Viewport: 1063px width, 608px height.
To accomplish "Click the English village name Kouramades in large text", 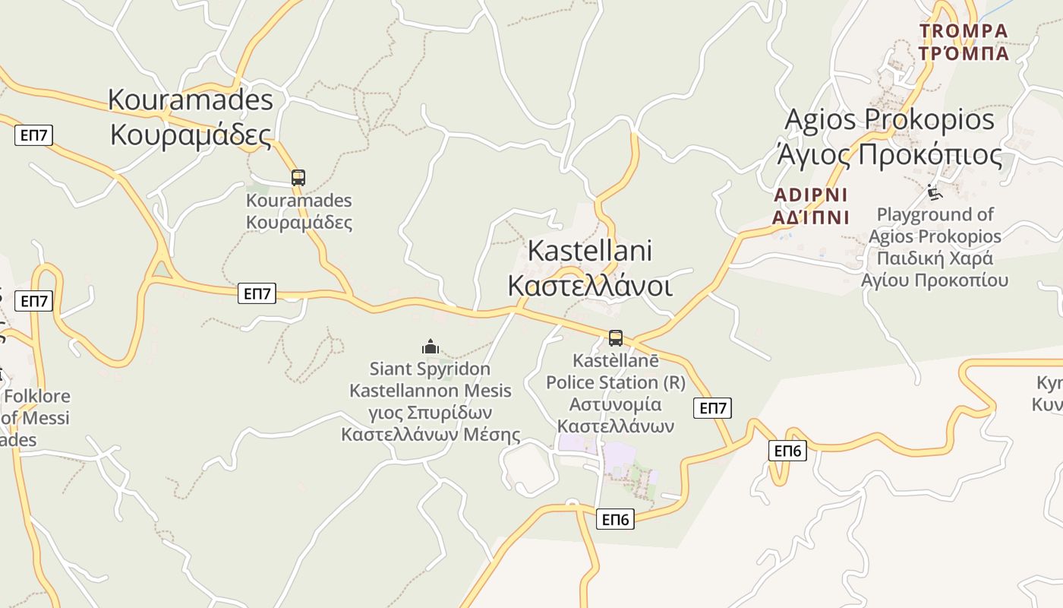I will [190, 100].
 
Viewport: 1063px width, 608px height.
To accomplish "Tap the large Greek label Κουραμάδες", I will [190, 135].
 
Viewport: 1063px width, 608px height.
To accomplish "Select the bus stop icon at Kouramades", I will [298, 178].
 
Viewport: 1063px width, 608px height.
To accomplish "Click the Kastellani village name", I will [589, 250].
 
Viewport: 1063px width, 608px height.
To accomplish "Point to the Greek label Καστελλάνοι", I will [589, 287].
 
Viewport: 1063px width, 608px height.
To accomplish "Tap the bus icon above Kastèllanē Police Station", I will [616, 338].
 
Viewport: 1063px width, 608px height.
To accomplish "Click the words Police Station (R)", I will [615, 382].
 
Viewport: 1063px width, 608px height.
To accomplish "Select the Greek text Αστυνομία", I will [615, 404].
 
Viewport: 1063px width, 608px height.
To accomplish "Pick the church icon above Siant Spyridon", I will [431, 347].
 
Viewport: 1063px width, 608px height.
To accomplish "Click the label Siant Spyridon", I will [430, 369].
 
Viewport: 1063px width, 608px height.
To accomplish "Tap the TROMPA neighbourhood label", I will [964, 31].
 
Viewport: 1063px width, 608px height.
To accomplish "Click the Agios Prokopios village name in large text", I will [889, 119].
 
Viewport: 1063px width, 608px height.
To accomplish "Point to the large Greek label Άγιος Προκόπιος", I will [889, 155].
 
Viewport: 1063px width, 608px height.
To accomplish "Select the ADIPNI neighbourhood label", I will [810, 195].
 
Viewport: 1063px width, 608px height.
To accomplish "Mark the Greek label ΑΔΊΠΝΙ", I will [810, 218].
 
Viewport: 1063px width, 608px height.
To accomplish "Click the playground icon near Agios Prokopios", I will [934, 192].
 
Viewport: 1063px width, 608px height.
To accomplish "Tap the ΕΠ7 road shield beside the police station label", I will [712, 408].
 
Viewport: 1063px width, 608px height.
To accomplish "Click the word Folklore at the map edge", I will [37, 396].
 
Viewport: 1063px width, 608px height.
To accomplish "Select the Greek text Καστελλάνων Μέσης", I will [431, 435].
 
